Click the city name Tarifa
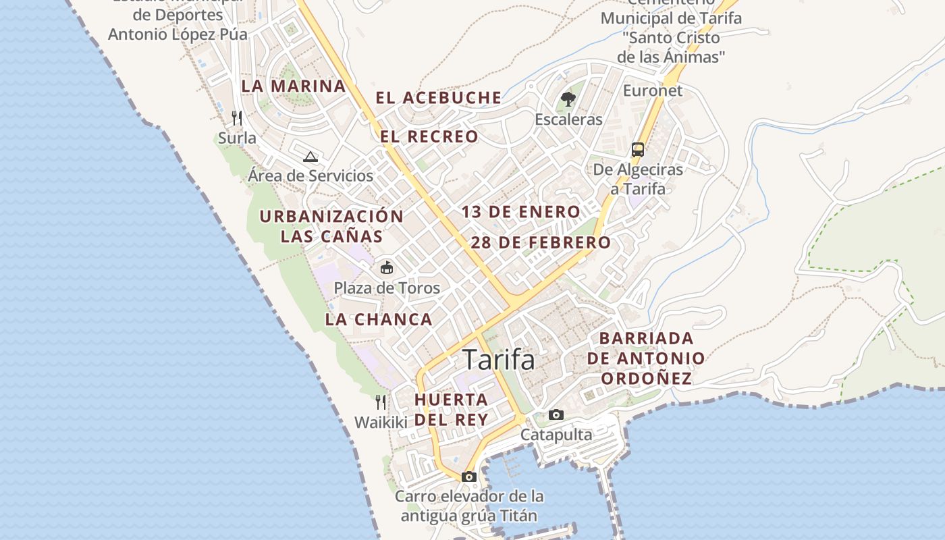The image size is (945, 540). pos(498,360)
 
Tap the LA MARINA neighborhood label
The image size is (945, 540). pos(294,86)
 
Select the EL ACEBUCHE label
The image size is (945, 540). pos(439,98)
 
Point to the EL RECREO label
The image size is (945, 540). pos(429,136)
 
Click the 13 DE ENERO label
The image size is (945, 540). pos(520,212)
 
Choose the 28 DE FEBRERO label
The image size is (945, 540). pos(541,242)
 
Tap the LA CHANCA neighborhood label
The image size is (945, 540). pos(379,319)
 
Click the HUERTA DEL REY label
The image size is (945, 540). pos(451,409)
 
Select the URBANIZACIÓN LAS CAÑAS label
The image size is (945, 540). pos(331,226)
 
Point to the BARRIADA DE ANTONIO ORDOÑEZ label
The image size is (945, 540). pos(646,358)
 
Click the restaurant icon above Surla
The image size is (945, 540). pos(237,118)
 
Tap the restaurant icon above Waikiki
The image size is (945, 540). pos(381,402)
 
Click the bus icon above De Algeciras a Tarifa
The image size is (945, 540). pos(638,149)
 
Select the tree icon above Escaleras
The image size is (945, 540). pos(568,100)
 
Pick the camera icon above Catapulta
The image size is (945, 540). pos(556,414)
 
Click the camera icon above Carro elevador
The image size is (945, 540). pos(469,477)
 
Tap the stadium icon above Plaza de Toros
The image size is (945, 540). pos(387,268)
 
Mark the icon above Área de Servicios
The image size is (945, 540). pos(310,157)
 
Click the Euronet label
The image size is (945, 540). pos(653,90)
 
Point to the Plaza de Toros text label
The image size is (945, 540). pos(387,288)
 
